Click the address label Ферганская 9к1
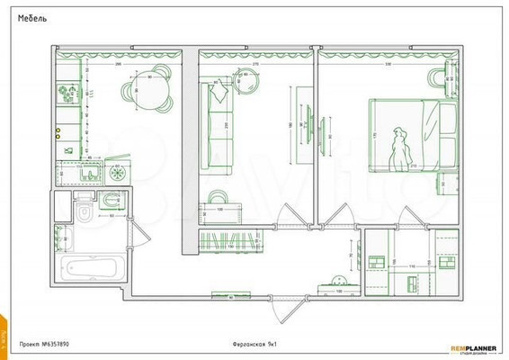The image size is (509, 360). pyautogui.click(x=254, y=344)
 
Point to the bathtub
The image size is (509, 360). pyautogui.click(x=93, y=268)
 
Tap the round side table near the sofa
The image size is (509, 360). pyautogui.click(x=245, y=85)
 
